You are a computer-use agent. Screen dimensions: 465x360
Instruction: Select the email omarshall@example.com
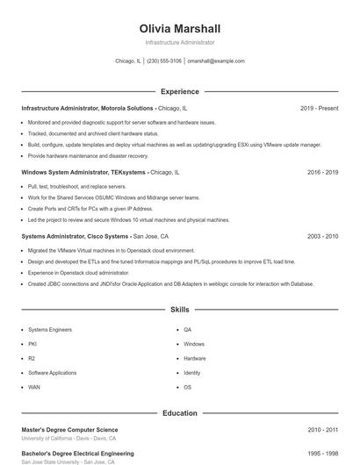[x=216, y=61]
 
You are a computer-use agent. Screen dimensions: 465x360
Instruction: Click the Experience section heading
[x=180, y=91]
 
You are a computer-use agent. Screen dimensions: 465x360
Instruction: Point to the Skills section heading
[x=180, y=310]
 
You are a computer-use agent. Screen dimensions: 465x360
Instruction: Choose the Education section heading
[x=180, y=413]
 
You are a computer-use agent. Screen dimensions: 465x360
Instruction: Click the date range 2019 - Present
[x=319, y=108]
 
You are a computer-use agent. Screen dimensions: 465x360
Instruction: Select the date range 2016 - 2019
[x=322, y=173]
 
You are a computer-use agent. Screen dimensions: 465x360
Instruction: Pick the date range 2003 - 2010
[x=322, y=237]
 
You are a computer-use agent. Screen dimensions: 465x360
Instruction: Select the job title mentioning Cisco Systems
[x=75, y=237]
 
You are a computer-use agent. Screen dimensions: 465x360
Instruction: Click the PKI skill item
[x=32, y=344]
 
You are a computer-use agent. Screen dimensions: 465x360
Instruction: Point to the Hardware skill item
[x=195, y=358]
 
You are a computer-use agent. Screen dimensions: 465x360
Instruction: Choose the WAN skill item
[x=33, y=387]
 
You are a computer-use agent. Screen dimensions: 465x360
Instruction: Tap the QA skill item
[x=187, y=330]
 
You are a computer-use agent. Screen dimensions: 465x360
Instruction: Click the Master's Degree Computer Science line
[x=69, y=430]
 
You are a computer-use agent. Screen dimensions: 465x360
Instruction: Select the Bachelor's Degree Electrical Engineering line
[x=77, y=454]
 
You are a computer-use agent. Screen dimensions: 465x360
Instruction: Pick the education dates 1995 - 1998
[x=322, y=454]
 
